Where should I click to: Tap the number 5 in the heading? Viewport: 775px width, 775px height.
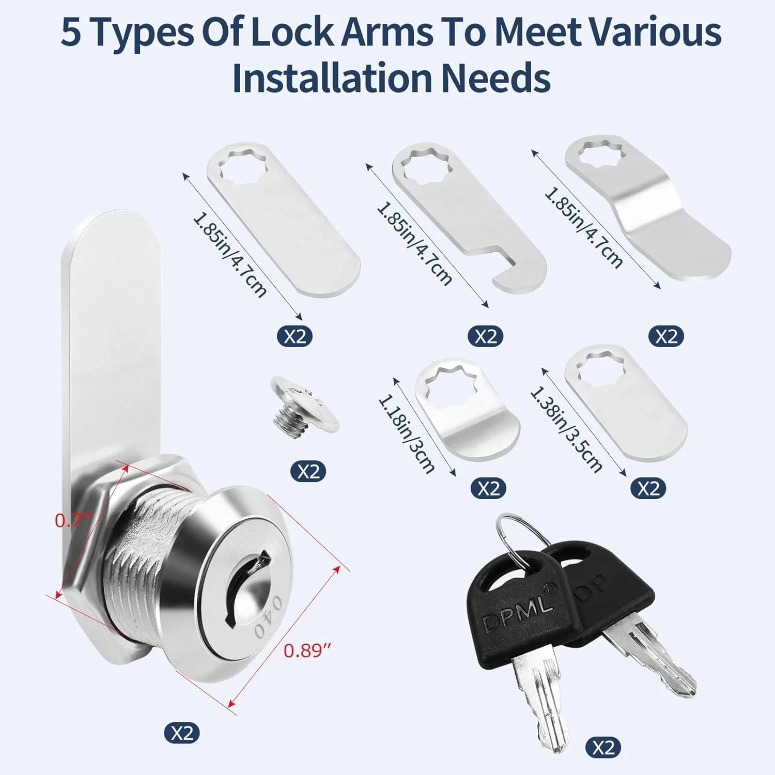pyautogui.click(x=71, y=32)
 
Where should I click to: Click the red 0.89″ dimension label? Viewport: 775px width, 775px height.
pyautogui.click(x=307, y=651)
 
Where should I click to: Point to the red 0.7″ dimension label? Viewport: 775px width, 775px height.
pyautogui.click(x=73, y=520)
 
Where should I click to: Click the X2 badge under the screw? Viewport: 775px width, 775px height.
pyautogui.click(x=308, y=472)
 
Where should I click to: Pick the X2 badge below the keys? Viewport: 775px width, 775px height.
pyautogui.click(x=603, y=748)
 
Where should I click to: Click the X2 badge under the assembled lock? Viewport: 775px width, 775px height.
pyautogui.click(x=182, y=733)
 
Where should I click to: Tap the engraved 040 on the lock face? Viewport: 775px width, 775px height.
pyautogui.click(x=268, y=617)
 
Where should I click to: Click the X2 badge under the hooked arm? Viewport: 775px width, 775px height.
pyautogui.click(x=486, y=336)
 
